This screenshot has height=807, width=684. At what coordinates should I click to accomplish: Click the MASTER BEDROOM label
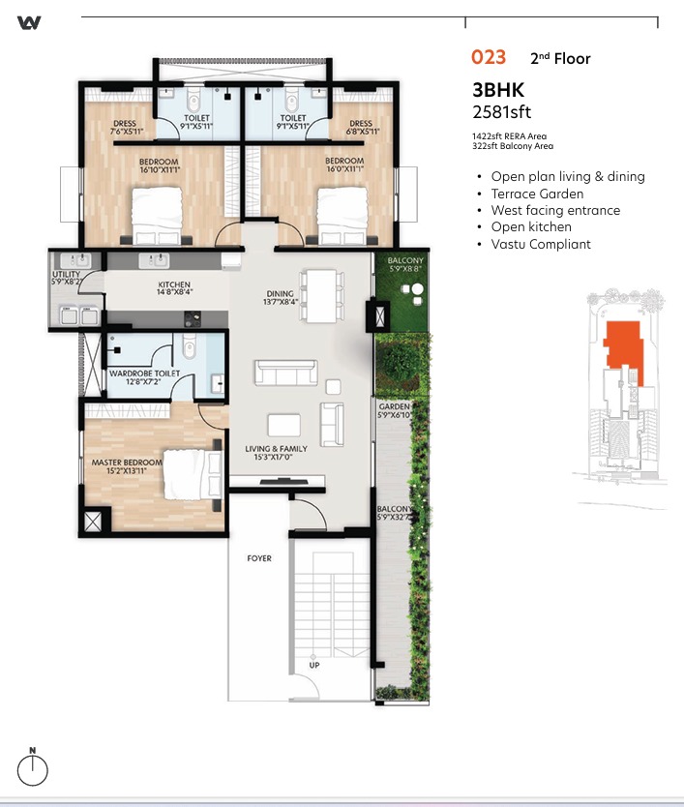pyautogui.click(x=127, y=463)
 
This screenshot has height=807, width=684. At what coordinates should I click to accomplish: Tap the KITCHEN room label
pyautogui.click(x=174, y=284)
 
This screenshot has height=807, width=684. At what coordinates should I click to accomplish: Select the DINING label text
pyautogui.click(x=280, y=293)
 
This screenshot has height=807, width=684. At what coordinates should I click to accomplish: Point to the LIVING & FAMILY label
pyautogui.click(x=276, y=449)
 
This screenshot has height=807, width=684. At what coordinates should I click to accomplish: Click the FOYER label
pyautogui.click(x=259, y=558)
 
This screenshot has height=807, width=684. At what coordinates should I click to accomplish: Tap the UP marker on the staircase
pyautogui.click(x=314, y=665)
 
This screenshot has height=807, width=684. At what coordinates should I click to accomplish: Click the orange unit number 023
pyautogui.click(x=489, y=57)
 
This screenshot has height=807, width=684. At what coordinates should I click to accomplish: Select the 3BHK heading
pyautogui.click(x=498, y=90)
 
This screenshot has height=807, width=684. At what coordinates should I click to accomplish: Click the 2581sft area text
pyautogui.click(x=502, y=111)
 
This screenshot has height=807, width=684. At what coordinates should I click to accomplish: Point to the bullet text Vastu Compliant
pyautogui.click(x=541, y=244)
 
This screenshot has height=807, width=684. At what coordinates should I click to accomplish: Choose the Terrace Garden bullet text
pyautogui.click(x=537, y=194)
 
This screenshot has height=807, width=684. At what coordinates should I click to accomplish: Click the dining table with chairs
pyautogui.click(x=321, y=295)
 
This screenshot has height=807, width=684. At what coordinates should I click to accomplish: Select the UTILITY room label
pyautogui.click(x=67, y=274)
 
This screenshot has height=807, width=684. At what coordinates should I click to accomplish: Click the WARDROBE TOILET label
pyautogui.click(x=144, y=374)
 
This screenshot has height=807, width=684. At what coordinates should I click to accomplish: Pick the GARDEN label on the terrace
pyautogui.click(x=394, y=406)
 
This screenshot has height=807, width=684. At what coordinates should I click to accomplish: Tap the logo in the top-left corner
pyautogui.click(x=29, y=22)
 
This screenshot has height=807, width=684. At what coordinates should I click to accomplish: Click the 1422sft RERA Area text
pyautogui.click(x=510, y=136)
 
